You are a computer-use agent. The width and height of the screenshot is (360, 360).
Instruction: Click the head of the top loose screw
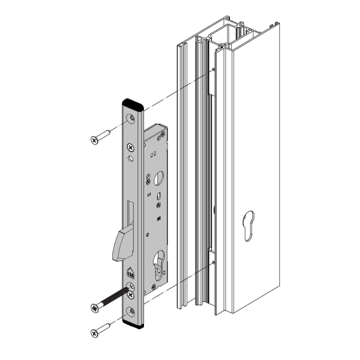pyautogui.click(x=94, y=140)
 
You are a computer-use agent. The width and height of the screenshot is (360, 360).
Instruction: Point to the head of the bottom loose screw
pyautogui.click(x=94, y=332)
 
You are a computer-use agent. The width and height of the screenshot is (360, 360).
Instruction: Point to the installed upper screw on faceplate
pyautogui.click(x=130, y=147)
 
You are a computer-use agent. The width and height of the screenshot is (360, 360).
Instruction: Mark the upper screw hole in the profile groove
pyautogui.click(x=211, y=70)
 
